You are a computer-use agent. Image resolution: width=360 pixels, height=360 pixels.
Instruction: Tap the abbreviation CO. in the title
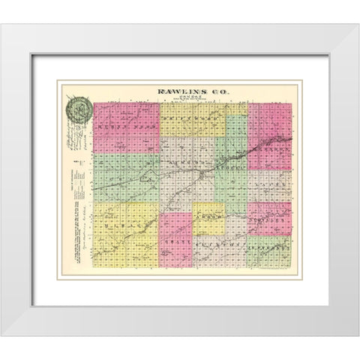pos(214,91)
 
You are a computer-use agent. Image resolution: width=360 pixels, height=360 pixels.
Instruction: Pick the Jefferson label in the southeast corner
pos(267,243)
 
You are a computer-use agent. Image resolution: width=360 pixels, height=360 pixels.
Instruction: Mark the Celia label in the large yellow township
pos(120,224)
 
